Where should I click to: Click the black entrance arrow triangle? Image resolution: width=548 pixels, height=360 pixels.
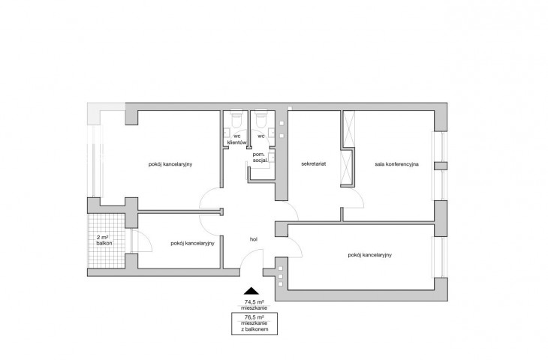[251, 290]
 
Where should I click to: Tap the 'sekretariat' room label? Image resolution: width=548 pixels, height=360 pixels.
[314, 163]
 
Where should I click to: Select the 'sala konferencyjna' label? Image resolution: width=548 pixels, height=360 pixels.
[396, 163]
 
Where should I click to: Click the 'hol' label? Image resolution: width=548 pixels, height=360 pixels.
[254, 239]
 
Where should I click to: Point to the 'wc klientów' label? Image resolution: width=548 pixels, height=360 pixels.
[237, 139]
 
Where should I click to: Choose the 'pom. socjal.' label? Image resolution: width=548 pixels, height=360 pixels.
[260, 157]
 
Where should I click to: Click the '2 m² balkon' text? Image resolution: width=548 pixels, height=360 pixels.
[104, 240]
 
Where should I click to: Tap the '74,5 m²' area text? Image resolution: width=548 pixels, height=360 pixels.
[254, 301]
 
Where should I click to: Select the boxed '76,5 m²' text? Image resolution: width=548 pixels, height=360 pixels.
[254, 317]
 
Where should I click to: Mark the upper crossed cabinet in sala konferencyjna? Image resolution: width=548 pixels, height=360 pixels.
[349, 129]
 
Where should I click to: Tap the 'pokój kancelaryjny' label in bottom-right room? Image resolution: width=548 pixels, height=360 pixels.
[370, 255]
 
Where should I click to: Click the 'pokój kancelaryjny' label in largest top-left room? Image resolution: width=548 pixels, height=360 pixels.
[170, 164]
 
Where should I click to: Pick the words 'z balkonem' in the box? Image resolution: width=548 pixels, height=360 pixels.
[254, 329]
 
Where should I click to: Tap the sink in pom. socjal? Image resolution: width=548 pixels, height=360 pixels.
[272, 157]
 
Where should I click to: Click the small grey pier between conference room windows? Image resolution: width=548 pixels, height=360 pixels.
[441, 166]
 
